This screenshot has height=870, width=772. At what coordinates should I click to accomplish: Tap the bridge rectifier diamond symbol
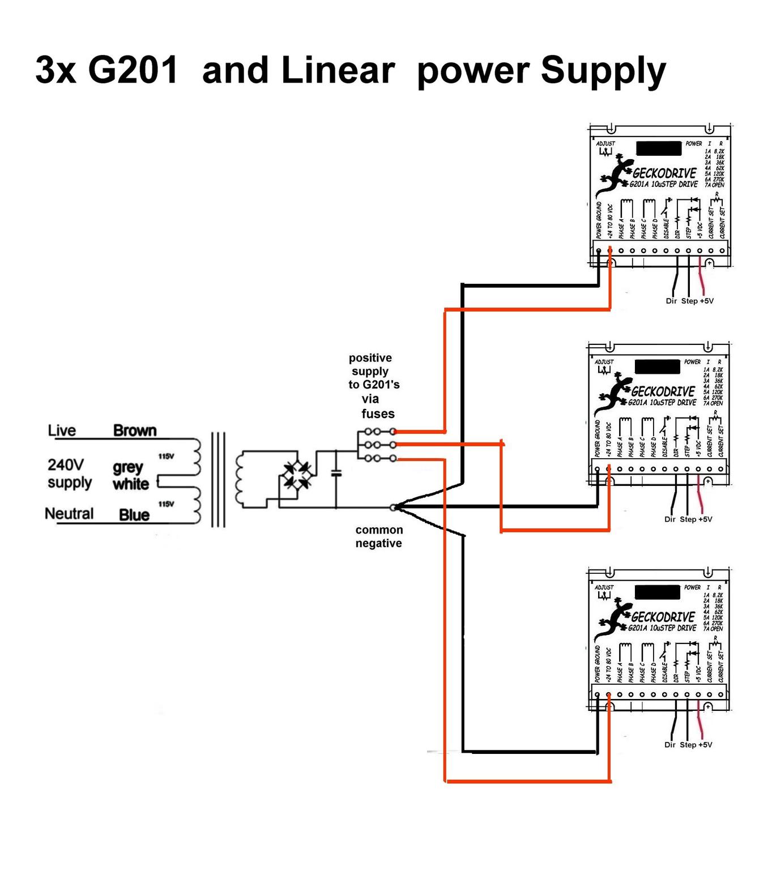pos(297,475)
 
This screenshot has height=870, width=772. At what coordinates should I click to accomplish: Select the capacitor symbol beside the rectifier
pos(336,472)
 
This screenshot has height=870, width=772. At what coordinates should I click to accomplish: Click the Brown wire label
pos(135,430)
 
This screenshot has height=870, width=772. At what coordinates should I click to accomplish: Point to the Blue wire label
pos(134,515)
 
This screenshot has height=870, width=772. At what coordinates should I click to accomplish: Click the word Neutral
pos(69,514)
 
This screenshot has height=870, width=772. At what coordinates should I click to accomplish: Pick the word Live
pos(62,430)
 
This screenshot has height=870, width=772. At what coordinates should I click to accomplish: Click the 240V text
pos(66,465)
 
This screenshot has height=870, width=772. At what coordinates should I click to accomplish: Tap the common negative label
pos(379,536)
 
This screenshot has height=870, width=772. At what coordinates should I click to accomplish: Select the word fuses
pos(378,414)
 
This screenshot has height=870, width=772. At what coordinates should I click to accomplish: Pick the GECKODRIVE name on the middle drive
pos(663,391)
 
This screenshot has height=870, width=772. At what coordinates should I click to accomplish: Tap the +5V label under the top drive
pos(706,301)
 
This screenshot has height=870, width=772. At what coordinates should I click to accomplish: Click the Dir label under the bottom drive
pos(670,745)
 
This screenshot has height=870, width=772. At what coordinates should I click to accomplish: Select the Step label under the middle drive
pos(688,519)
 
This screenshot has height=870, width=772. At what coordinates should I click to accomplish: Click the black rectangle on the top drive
pos(658,148)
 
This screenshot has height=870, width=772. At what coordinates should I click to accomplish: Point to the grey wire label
pos(127,467)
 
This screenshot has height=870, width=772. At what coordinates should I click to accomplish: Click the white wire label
pos(131,484)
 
